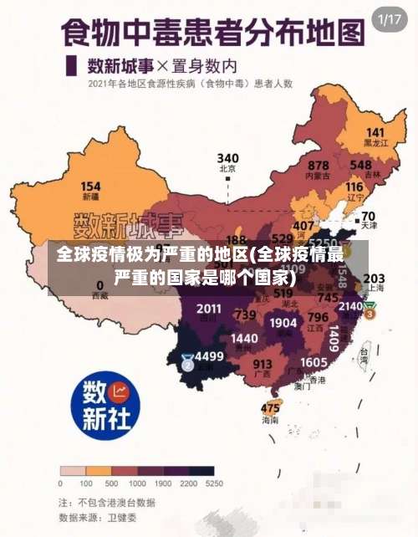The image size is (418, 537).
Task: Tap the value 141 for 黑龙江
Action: click(375, 133)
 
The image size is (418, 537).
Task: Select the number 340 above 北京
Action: click(227, 157)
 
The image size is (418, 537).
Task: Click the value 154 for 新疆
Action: click(90, 187)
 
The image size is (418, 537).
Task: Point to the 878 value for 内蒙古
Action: click(318, 166)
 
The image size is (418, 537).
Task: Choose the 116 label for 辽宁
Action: click(354, 187)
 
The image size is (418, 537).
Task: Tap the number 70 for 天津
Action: click(368, 216)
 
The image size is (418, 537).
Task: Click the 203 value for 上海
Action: click(375, 278)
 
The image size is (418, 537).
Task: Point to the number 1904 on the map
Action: click(283, 323)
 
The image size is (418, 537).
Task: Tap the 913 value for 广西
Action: click(263, 364)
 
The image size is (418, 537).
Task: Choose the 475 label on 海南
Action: click(270, 408)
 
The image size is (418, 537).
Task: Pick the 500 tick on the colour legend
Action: click(110, 483)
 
